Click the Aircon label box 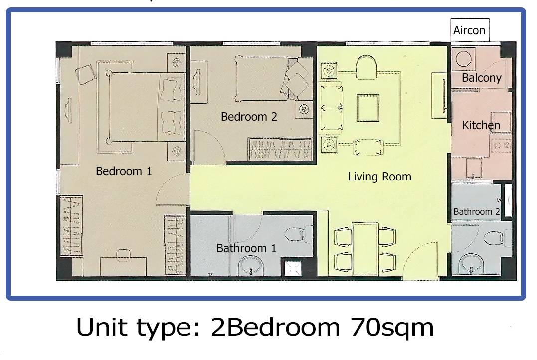470,30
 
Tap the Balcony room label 481,78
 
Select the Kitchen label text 481,125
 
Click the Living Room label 379,177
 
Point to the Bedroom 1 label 124,171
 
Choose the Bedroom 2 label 249,117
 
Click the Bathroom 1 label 246,248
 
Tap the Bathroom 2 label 476,212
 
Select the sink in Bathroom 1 251,266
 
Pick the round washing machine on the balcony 463,58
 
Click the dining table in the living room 365,249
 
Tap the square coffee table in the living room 368,108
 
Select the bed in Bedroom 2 273,79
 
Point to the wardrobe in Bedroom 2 280,149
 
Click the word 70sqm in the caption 392,328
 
